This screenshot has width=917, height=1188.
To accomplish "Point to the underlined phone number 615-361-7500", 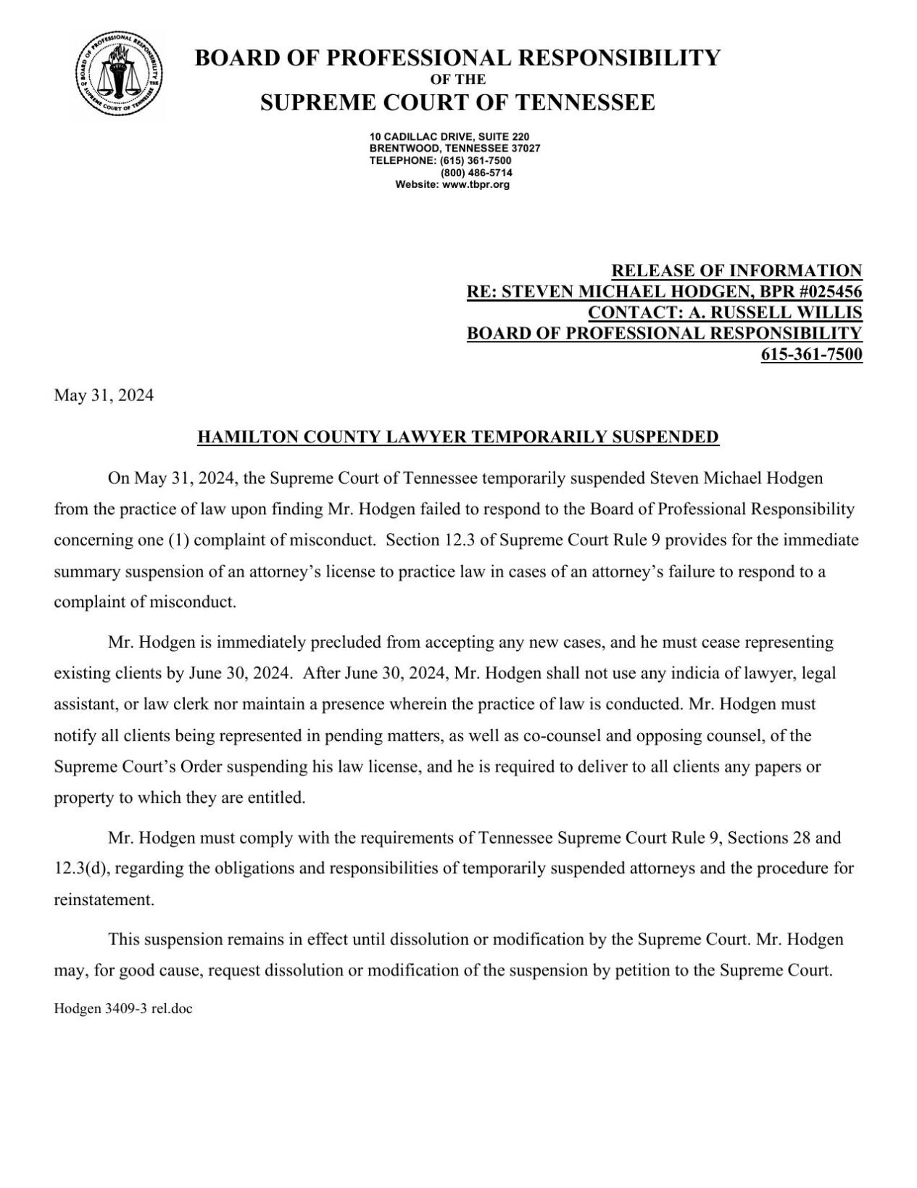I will point(811,355).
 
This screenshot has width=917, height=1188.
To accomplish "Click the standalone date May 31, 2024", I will point(104,396).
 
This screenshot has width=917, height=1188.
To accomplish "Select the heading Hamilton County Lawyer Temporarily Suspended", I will point(458,437).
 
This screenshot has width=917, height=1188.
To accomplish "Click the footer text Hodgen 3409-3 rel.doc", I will point(123,1008).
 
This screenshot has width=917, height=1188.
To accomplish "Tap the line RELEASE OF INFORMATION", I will point(736,271).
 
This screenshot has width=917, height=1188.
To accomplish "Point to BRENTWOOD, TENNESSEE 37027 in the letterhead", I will point(455,148).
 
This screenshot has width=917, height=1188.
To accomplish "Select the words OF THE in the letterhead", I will point(457,80).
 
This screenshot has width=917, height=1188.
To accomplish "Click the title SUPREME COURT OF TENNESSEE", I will point(457,102).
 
